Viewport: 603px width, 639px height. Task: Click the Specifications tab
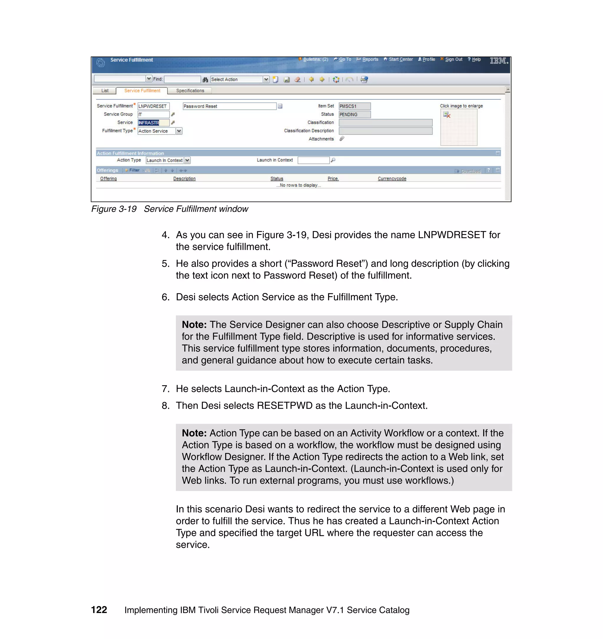(190, 91)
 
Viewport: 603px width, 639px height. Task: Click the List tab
(105, 91)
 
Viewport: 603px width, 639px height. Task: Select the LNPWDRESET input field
(153, 106)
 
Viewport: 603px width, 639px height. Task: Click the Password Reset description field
(229, 106)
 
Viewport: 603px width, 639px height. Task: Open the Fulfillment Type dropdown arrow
(179, 131)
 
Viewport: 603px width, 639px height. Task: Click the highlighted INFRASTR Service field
(153, 123)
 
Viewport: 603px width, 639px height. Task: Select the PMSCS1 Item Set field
(354, 106)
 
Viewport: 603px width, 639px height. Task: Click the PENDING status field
(354, 115)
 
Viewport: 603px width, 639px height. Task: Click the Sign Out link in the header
(453, 60)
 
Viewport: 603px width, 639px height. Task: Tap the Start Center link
(400, 60)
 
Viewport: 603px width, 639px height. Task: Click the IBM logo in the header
(498, 60)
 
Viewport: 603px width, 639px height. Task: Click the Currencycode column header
(392, 179)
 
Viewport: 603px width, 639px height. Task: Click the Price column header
(333, 179)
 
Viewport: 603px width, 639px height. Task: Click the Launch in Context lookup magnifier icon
(333, 160)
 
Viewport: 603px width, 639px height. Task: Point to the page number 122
(99, 610)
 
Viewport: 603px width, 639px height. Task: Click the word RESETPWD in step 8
(284, 405)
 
